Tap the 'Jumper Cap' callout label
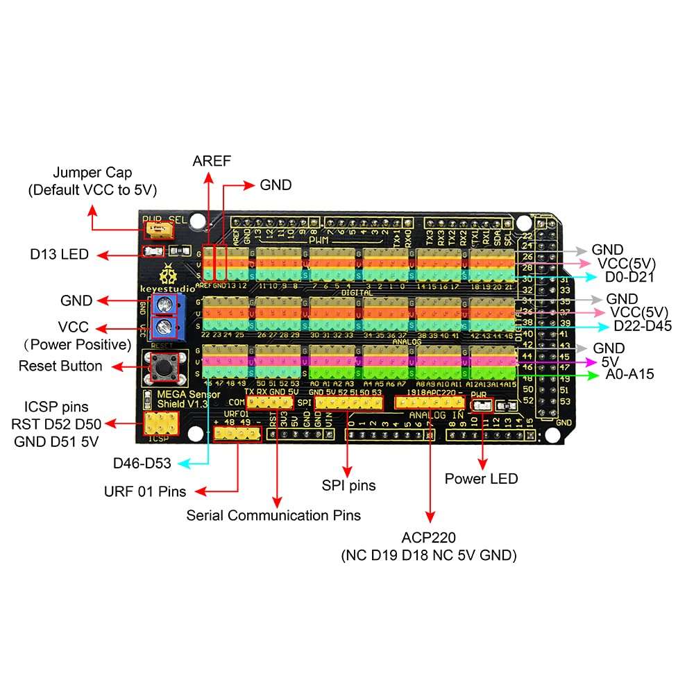tap(93, 172)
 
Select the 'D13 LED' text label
tap(60, 255)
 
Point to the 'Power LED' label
tap(481, 478)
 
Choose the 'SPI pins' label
tap(348, 485)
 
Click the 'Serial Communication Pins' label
tap(273, 516)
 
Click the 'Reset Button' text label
tap(60, 366)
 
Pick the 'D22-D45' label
tap(642, 326)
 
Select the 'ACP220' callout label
tap(429, 539)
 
